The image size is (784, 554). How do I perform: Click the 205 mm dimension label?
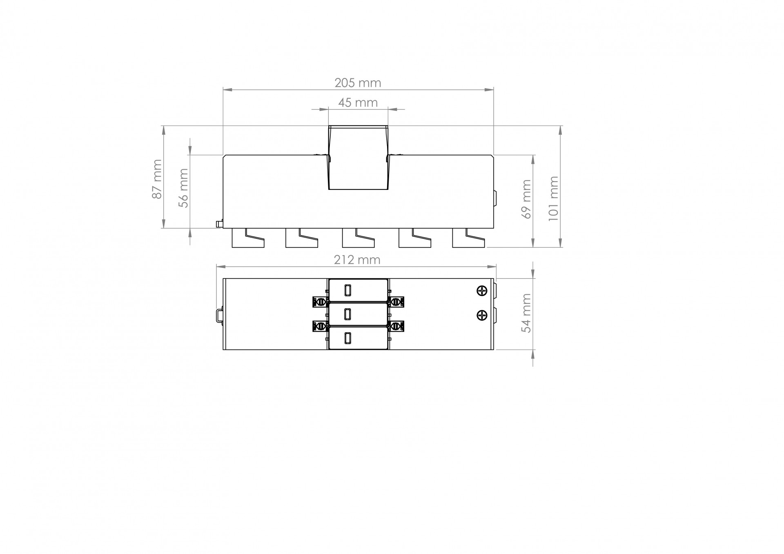pos(358,83)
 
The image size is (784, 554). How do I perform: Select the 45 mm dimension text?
pos(358,102)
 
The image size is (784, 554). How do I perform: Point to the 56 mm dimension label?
pos(184,188)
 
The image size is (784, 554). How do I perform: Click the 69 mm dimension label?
pos(527,199)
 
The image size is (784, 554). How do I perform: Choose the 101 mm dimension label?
pos(553,198)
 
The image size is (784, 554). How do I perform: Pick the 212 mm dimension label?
pos(357,260)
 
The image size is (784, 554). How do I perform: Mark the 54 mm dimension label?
pos(527,313)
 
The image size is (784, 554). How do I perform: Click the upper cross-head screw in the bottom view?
pos(482,291)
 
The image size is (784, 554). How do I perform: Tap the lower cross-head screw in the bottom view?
pos(482,315)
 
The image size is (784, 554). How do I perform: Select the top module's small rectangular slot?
pos(347,290)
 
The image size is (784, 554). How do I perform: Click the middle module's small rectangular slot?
pos(347,314)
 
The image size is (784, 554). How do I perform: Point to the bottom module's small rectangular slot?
pos(347,338)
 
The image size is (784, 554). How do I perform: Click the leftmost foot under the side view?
pos(248,238)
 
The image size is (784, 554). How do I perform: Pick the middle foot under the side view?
pos(358,238)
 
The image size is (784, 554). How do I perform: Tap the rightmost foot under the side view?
pos(468,238)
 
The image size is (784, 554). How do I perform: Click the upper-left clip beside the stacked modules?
pos(320,302)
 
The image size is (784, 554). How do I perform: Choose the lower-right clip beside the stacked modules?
pos(396,326)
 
